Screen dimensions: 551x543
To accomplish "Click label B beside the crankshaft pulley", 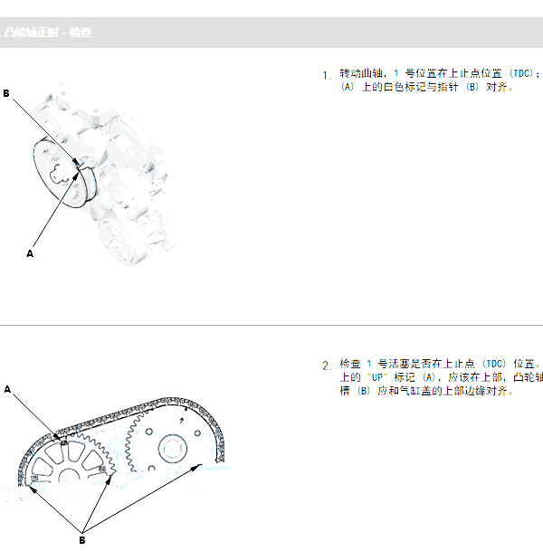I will point(6,93).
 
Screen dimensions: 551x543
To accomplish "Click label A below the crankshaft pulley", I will point(30,254).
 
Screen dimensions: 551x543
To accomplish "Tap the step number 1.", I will point(326,75).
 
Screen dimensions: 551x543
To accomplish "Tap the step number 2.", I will point(326,366).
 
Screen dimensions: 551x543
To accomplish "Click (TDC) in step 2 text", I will point(492,363).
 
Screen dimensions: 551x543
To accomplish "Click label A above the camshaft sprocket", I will point(7,389).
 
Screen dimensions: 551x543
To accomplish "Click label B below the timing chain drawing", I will point(81,540).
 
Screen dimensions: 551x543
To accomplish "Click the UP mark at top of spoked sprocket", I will point(62,442).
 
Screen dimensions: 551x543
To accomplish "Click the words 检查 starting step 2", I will point(349,363).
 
